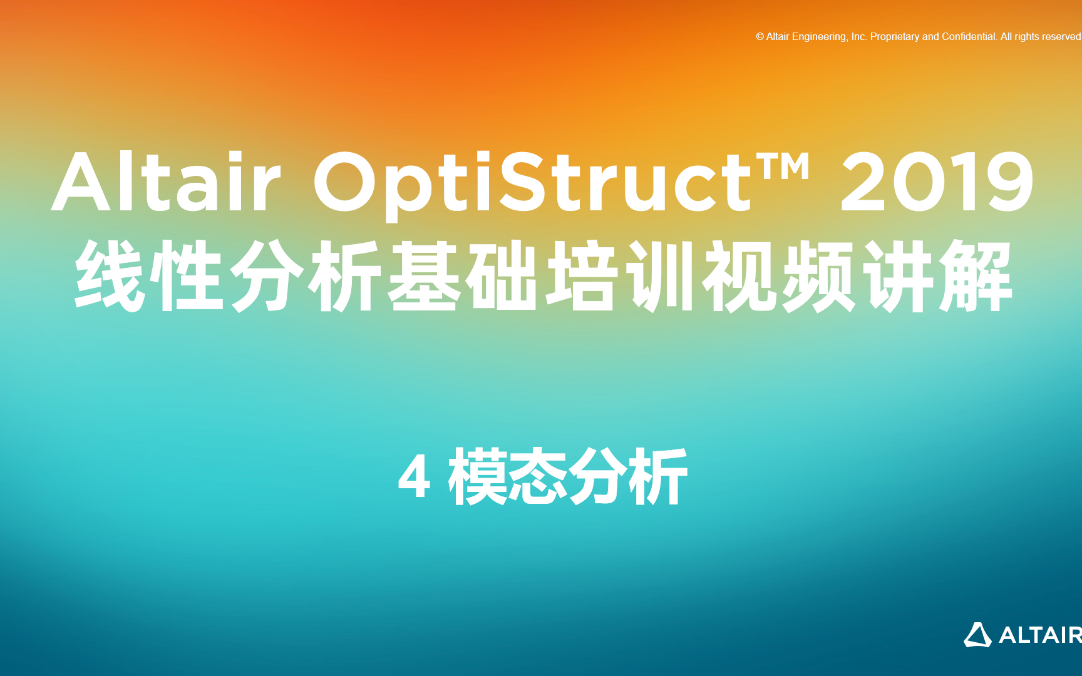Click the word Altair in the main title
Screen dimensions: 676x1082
[x=166, y=182]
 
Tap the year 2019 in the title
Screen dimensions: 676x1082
[x=937, y=182]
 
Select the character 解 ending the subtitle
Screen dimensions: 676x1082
[x=975, y=276]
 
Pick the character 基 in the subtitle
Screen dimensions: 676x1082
[x=425, y=276]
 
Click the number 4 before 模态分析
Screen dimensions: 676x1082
[x=414, y=478]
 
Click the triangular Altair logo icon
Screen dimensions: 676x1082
[x=977, y=635]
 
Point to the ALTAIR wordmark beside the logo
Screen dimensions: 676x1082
[x=1039, y=635]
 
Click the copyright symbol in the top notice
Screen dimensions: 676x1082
[x=760, y=37]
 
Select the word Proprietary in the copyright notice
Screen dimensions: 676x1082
[x=895, y=37]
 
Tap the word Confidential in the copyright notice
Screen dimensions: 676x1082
[x=969, y=37]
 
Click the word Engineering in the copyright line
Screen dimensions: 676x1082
[x=819, y=37]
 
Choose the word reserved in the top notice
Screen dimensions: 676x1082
[x=1061, y=37]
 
